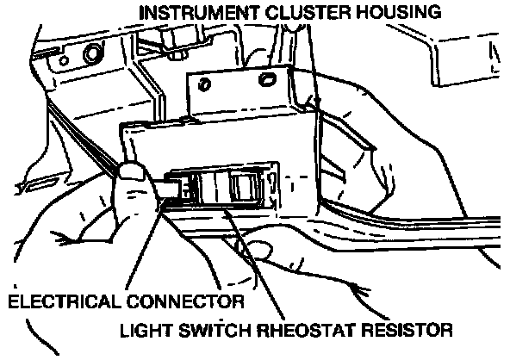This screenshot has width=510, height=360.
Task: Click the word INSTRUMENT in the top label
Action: pos(199,13)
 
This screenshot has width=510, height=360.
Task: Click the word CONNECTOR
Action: pos(185,301)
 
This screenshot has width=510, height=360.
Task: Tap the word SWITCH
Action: pos(215,330)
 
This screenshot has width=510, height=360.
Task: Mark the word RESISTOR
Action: pos(407,330)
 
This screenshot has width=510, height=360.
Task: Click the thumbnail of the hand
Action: pos(131,171)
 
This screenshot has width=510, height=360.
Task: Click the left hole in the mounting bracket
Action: pos(204,84)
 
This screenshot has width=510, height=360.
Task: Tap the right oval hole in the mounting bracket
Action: pos(267,79)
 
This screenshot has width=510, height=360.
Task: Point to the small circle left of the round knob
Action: pos(64,60)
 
